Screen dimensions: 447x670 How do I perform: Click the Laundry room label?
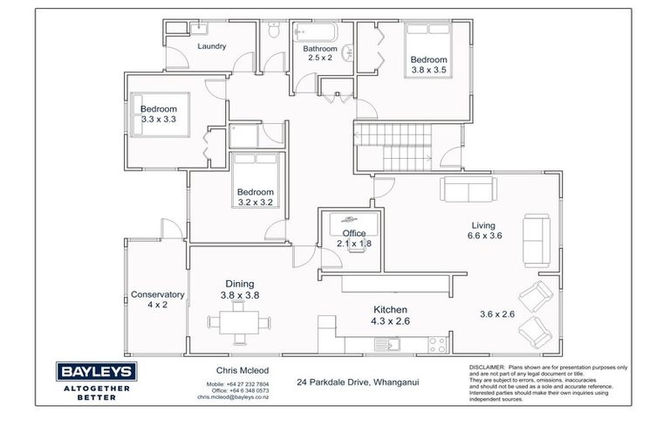212,47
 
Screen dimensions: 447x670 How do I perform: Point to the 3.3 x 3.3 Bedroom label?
159,114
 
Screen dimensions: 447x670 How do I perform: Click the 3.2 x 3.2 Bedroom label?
256,197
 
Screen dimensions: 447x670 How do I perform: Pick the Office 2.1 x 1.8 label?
354,238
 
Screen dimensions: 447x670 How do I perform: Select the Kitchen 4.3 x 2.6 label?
390,315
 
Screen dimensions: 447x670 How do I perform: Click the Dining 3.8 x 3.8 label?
239,289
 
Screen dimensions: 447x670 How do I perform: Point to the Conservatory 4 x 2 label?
156,299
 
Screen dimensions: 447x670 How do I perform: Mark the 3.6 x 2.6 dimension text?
498,314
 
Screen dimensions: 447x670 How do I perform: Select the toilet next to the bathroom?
275,31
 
